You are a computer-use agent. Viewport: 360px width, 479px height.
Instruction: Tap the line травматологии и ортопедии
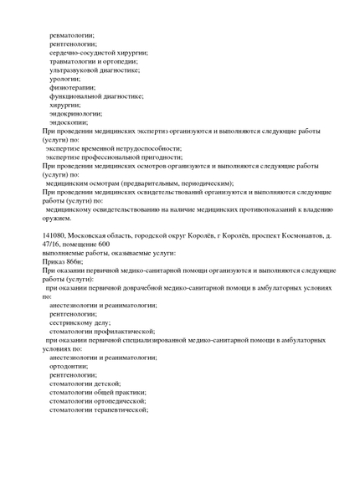(94, 61)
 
